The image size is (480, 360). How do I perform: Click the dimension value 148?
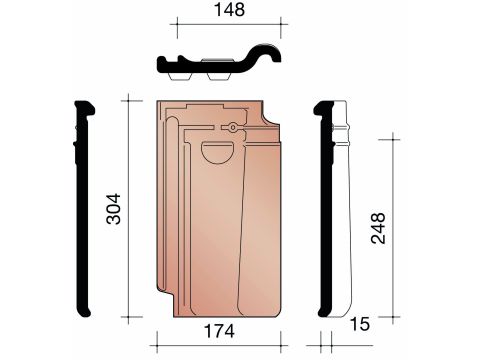(x=229, y=10)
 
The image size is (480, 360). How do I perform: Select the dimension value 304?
(x=113, y=209)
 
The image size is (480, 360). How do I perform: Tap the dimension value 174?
(x=219, y=331)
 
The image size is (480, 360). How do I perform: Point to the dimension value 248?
(x=378, y=228)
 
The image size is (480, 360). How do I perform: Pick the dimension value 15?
(x=360, y=324)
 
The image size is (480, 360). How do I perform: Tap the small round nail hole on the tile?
(x=233, y=127)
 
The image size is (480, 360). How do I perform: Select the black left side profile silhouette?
(x=82, y=208)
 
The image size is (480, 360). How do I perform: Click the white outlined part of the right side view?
(x=342, y=208)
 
